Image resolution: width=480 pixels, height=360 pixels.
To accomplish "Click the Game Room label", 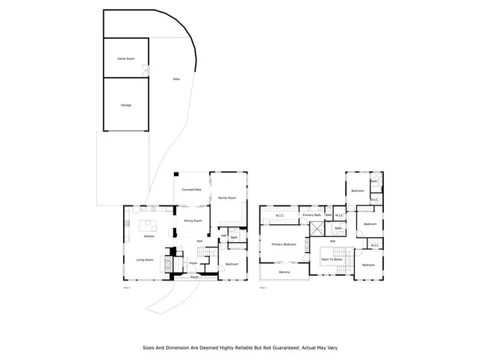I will (125, 58).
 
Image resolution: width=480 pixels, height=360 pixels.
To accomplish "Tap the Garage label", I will (126, 105).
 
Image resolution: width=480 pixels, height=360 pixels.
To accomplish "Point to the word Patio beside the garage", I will (176, 79).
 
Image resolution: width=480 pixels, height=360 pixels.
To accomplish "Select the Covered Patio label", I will (192, 190).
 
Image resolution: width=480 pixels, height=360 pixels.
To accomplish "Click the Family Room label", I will (227, 198).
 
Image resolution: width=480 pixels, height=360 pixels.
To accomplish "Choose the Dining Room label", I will (193, 220).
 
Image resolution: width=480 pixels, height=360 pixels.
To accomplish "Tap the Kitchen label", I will (149, 237).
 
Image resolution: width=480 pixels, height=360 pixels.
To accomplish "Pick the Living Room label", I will (145, 259).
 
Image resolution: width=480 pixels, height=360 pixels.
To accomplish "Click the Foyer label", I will (193, 263).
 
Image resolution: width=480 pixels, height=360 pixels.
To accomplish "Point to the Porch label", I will (194, 277).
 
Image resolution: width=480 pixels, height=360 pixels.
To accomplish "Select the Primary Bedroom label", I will (283, 244).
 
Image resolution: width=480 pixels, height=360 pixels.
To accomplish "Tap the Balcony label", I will (284, 272).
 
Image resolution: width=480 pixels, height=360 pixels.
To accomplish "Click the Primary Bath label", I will (311, 215).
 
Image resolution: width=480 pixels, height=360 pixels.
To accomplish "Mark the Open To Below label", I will (332, 259).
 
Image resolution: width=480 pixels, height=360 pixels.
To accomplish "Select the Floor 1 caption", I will (126, 287).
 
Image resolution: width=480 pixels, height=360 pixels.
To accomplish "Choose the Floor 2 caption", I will (262, 287).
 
